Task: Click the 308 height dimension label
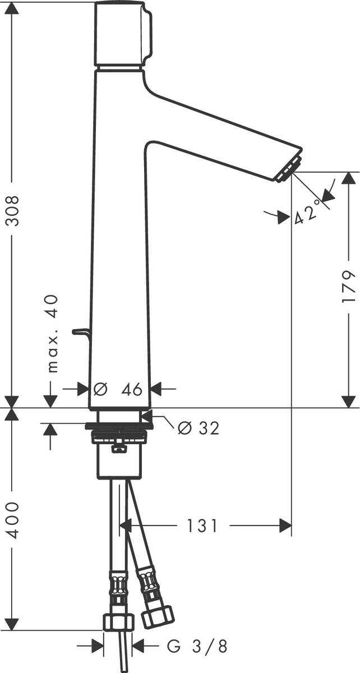point(12,210)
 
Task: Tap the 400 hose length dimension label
point(12,520)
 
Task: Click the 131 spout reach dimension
point(201,526)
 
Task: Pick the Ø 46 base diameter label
point(119,388)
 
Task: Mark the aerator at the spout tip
point(288,169)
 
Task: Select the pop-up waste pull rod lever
point(81,334)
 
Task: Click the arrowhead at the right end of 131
point(287,526)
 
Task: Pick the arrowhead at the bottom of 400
point(12,625)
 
